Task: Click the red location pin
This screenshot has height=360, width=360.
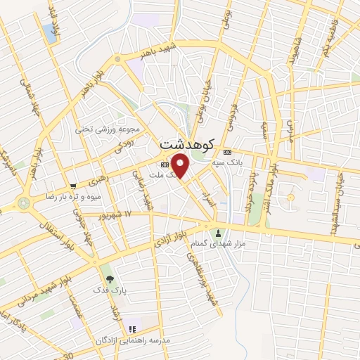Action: coord(181,166)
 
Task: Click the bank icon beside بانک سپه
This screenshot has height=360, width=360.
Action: coord(226,152)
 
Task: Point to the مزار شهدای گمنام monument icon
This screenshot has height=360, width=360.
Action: coord(218,232)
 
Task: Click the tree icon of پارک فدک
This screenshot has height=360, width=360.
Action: coord(108,279)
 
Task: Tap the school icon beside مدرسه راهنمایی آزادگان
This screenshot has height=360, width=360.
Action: coord(131,328)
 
